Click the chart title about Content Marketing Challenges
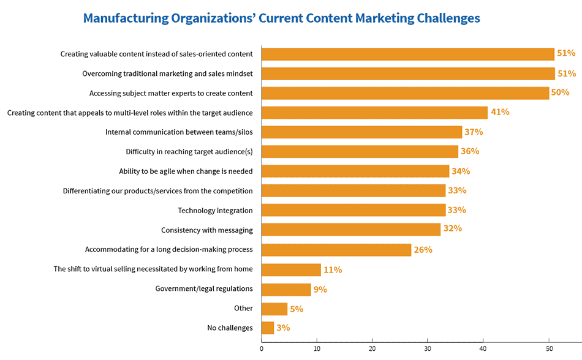click(x=282, y=18)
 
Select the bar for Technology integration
click(x=353, y=210)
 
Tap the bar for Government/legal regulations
click(x=286, y=289)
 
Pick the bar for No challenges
click(x=268, y=328)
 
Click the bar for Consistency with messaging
click(x=351, y=230)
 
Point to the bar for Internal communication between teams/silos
click(x=361, y=132)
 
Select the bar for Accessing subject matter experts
click(x=405, y=93)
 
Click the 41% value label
click(x=499, y=113)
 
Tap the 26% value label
click(x=423, y=250)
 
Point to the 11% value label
click(x=333, y=269)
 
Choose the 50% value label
click(x=560, y=93)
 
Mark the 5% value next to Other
click(x=297, y=309)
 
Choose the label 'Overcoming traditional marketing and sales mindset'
click(x=167, y=73)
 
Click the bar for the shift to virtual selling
click(x=291, y=269)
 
